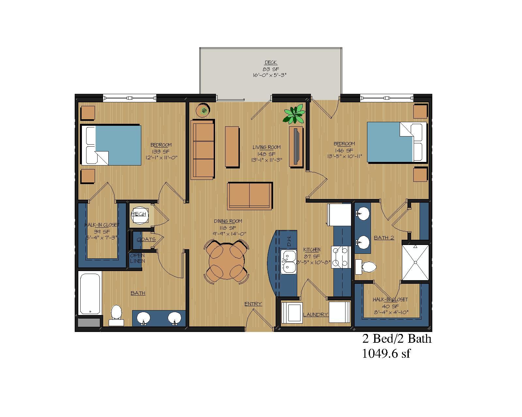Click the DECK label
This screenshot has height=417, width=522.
[270, 63]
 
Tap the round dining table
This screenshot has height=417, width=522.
[226, 261]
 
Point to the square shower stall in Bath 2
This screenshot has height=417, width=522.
[415, 262]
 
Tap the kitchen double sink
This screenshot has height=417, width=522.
[289, 261]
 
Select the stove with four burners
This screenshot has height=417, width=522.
[341, 257]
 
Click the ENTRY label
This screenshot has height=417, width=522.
[253, 304]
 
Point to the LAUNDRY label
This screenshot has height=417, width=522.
[315, 315]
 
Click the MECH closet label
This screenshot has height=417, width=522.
[139, 214]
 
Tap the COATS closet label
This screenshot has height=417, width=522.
[146, 239]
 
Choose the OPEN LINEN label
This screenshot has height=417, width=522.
[137, 258]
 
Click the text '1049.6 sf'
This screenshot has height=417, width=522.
[386, 353]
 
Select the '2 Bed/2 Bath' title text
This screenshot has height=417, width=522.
[397, 339]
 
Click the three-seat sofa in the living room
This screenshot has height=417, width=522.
[203, 150]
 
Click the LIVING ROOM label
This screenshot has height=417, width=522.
[266, 147]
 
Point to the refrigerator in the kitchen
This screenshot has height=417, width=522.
[339, 214]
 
